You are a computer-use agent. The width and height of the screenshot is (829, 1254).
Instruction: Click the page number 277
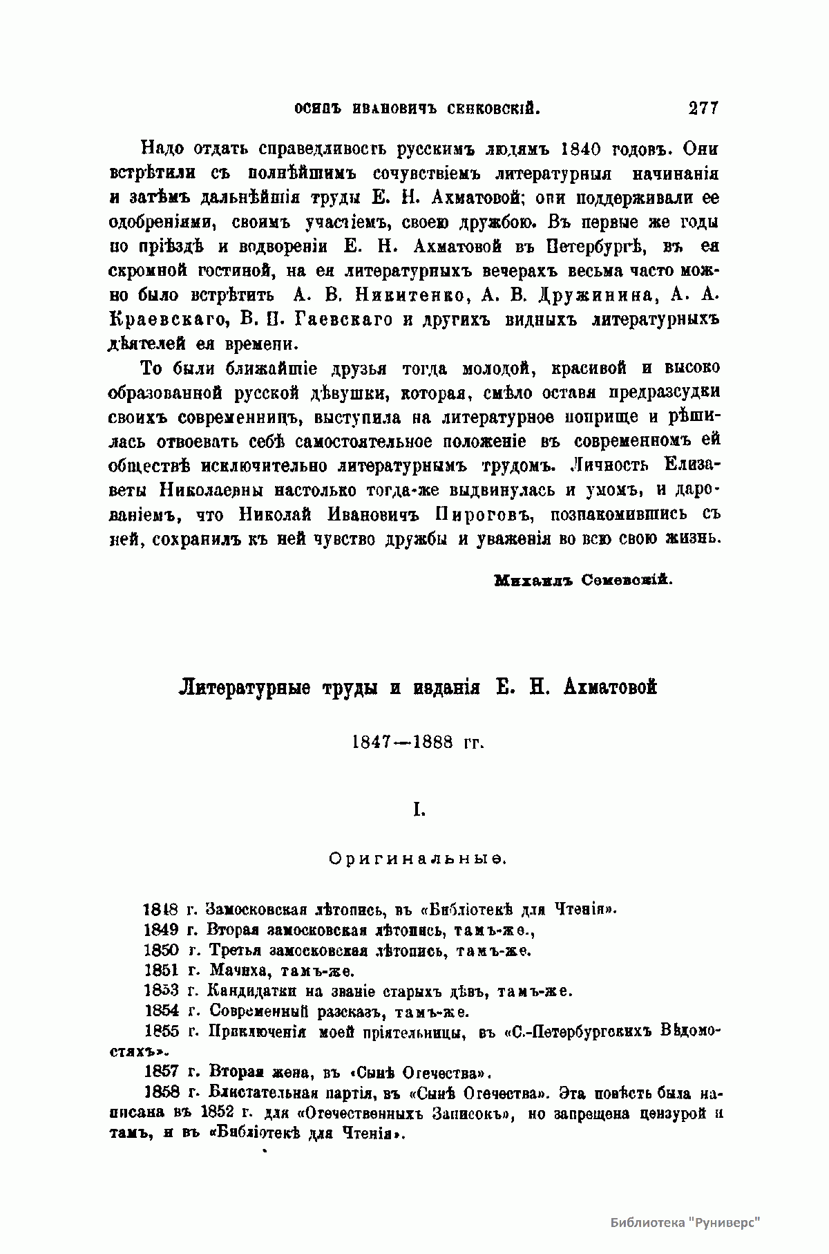click(703, 108)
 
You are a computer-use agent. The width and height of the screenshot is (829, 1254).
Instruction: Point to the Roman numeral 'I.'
click(418, 808)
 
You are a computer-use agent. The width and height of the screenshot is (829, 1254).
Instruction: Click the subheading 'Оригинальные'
click(418, 859)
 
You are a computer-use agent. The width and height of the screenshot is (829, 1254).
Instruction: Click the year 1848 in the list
click(160, 909)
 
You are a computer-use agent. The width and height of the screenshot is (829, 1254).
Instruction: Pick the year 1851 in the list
click(161, 971)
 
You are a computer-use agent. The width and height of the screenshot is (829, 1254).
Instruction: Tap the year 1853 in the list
click(161, 991)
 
